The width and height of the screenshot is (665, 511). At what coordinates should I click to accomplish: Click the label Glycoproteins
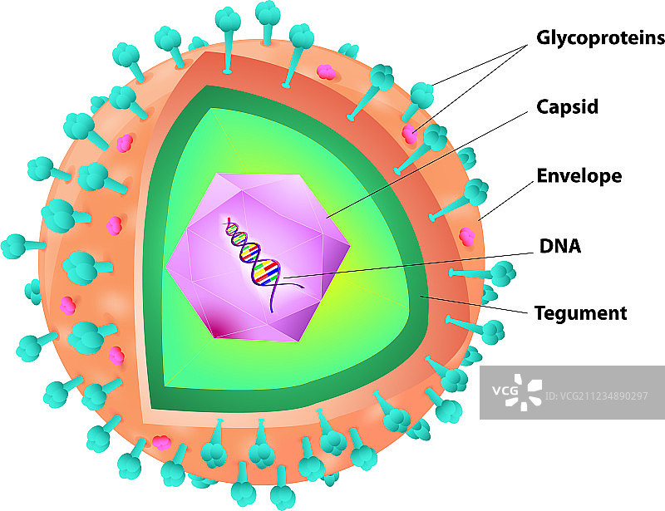coord(600,37)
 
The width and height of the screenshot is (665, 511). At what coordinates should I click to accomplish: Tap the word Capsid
coord(567,107)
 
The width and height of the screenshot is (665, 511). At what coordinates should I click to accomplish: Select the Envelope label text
coord(579,176)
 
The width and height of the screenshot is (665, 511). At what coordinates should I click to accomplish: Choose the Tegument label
coord(579,313)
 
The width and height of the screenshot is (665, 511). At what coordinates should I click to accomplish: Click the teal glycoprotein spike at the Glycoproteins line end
coord(422,93)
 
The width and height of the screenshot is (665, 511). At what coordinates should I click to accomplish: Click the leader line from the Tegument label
coord(474,305)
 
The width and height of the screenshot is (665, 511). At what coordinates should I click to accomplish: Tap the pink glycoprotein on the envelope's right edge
coord(468,236)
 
